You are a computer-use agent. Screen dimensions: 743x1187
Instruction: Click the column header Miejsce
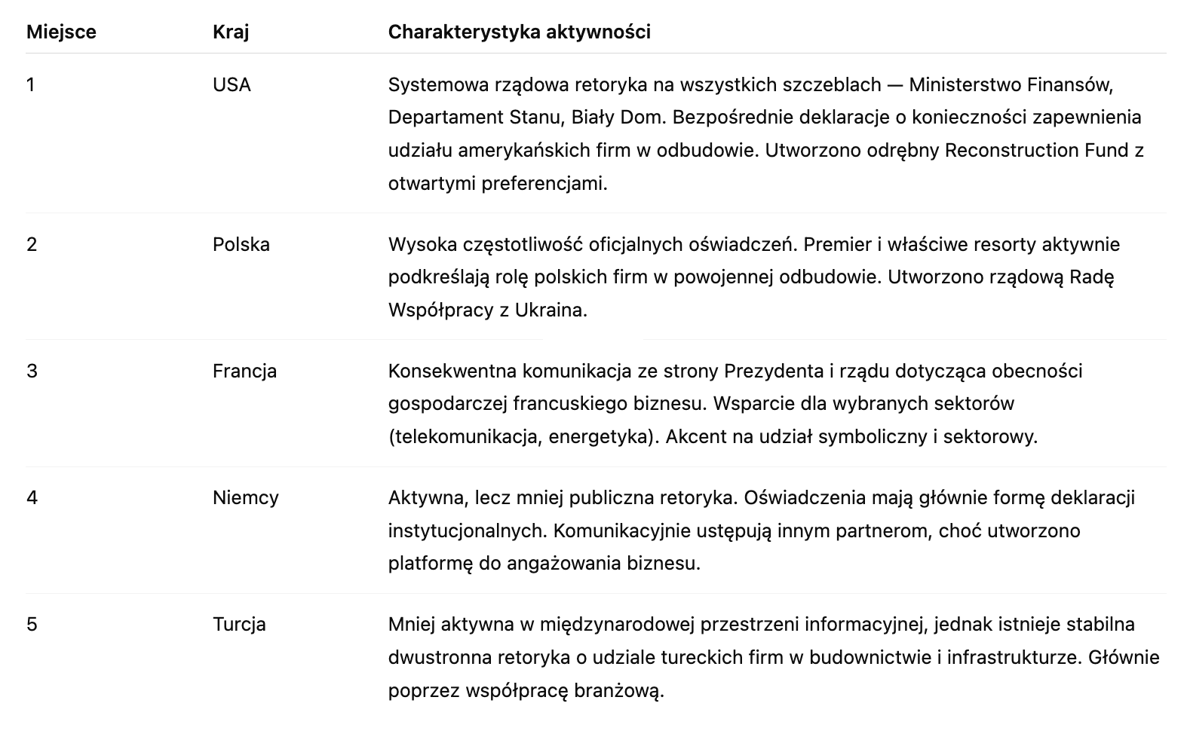click(61, 32)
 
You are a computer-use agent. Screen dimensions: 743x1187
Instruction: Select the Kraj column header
click(231, 32)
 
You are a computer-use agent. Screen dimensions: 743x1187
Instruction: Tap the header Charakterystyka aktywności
click(519, 32)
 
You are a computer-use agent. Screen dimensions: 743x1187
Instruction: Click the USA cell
click(232, 85)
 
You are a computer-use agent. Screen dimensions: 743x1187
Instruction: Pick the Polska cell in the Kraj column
click(241, 245)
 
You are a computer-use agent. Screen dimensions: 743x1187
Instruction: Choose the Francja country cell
click(244, 371)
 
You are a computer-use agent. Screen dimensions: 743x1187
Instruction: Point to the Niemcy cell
click(246, 498)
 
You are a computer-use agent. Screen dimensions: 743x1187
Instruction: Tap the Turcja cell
click(239, 625)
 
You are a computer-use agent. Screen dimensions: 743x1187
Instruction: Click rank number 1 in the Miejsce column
click(31, 85)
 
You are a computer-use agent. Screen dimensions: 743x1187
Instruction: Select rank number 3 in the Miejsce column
click(32, 371)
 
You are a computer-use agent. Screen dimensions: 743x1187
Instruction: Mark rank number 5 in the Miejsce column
click(32, 625)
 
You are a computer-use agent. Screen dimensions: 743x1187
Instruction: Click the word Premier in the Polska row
click(834, 245)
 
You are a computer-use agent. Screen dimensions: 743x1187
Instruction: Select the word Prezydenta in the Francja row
click(774, 371)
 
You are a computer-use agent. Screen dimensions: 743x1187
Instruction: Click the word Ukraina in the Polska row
click(550, 310)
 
